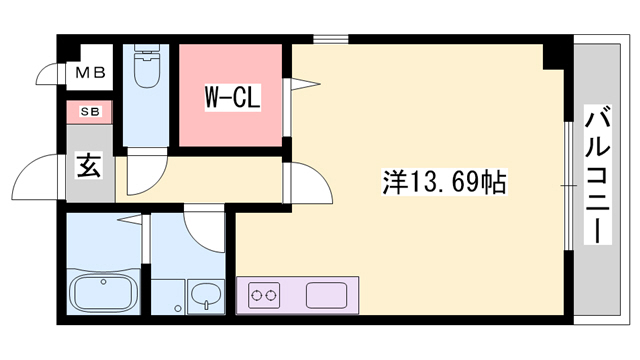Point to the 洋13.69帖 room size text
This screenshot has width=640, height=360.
(x=444, y=182)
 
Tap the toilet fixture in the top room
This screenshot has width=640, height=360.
(x=146, y=69)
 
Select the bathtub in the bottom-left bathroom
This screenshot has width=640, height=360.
(x=104, y=294)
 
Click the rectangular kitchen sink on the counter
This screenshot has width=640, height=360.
(x=327, y=296)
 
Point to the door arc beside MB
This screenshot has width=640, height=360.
(x=47, y=74)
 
